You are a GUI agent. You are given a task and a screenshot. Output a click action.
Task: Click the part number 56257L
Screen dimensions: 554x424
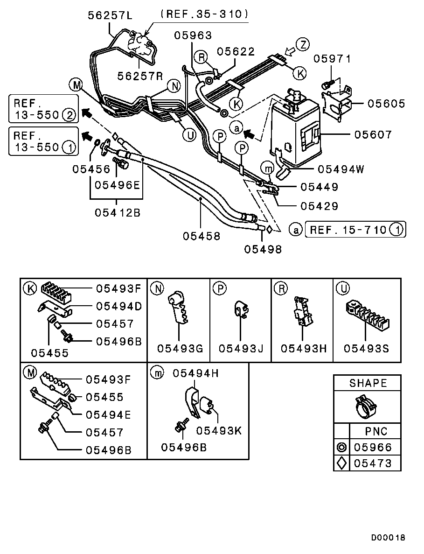pyautogui.click(x=110, y=15)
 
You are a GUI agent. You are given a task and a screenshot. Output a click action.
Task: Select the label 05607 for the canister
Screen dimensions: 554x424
pyautogui.click(x=373, y=135)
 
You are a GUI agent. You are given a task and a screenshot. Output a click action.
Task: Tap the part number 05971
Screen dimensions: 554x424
pyautogui.click(x=332, y=59)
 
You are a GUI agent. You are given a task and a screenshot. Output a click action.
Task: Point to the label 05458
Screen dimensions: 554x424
pyautogui.click(x=201, y=236)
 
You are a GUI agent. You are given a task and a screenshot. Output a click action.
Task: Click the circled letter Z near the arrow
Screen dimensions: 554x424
pyautogui.click(x=303, y=45)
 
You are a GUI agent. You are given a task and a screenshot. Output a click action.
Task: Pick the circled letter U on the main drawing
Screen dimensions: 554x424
pyautogui.click(x=189, y=135)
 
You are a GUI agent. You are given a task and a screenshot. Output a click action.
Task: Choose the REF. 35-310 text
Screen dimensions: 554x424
pyautogui.click(x=204, y=14)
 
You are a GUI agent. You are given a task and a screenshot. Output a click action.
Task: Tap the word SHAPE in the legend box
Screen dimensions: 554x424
pyautogui.click(x=368, y=383)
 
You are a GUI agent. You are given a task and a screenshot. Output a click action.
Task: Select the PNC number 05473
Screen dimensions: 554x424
pyautogui.click(x=373, y=463)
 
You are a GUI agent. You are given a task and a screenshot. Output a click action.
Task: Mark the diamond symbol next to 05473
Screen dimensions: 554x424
pyautogui.click(x=341, y=463)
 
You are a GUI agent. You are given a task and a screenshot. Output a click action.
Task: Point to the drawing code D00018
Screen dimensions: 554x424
pyautogui.click(x=388, y=538)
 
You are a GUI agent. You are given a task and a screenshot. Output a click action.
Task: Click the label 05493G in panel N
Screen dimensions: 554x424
pyautogui.click(x=180, y=348)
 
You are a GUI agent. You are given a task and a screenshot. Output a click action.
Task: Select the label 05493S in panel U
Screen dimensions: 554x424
pyautogui.click(x=367, y=348)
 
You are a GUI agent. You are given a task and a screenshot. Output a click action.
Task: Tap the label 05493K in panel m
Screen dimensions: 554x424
pyautogui.click(x=219, y=431)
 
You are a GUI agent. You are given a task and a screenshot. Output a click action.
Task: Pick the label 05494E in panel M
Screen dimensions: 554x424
pyautogui.click(x=108, y=414)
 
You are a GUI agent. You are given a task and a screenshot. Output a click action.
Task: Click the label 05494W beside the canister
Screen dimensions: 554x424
pyautogui.click(x=341, y=169)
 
